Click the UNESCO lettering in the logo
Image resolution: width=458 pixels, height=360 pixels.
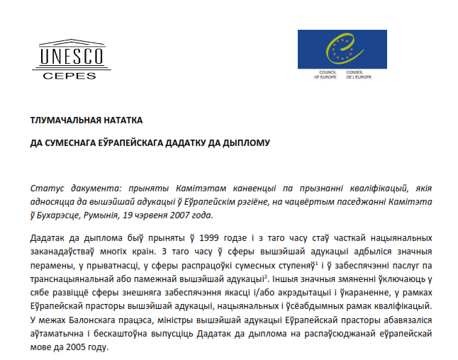(x=72, y=55)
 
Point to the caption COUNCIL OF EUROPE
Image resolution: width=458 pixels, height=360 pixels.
(x=325, y=75)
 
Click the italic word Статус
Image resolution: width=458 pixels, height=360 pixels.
(x=48, y=189)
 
